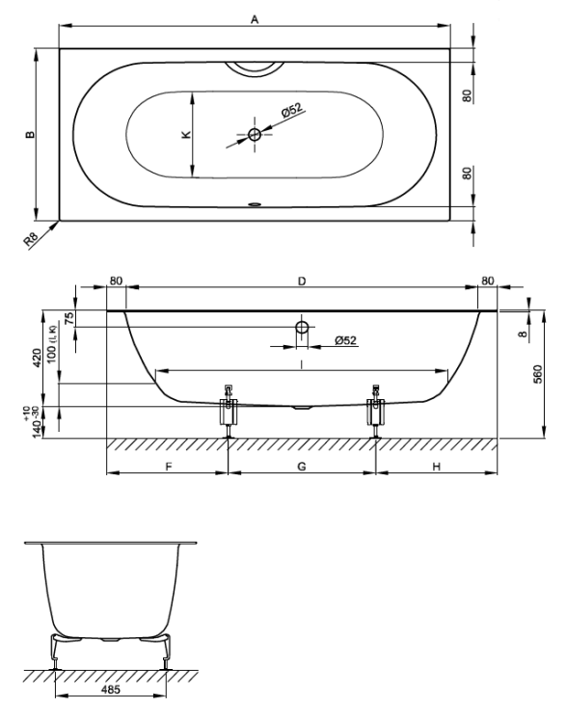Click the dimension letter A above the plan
pyautogui.click(x=255, y=19)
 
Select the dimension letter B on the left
pyautogui.click(x=30, y=134)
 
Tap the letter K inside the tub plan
pyautogui.click(x=186, y=134)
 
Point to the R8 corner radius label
pyautogui.click(x=32, y=238)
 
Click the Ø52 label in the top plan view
pyautogui.click(x=292, y=111)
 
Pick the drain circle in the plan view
pyautogui.click(x=255, y=135)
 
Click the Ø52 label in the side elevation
pyautogui.click(x=345, y=340)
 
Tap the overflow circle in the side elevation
pyautogui.click(x=302, y=328)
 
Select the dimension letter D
pyautogui.click(x=302, y=281)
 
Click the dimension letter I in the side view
pyautogui.click(x=302, y=364)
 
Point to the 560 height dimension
pyautogui.click(x=538, y=375)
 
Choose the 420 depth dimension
pyautogui.click(x=38, y=358)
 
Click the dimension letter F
pyautogui.click(x=169, y=467)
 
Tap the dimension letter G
pyautogui.click(x=302, y=467)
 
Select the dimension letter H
pyautogui.click(x=437, y=467)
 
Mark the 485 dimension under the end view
pyautogui.click(x=111, y=689)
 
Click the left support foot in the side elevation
pyautogui.click(x=228, y=411)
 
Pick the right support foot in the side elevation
pyautogui.click(x=376, y=411)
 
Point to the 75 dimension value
pyautogui.click(x=68, y=318)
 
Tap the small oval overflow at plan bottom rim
pyautogui.click(x=255, y=202)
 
